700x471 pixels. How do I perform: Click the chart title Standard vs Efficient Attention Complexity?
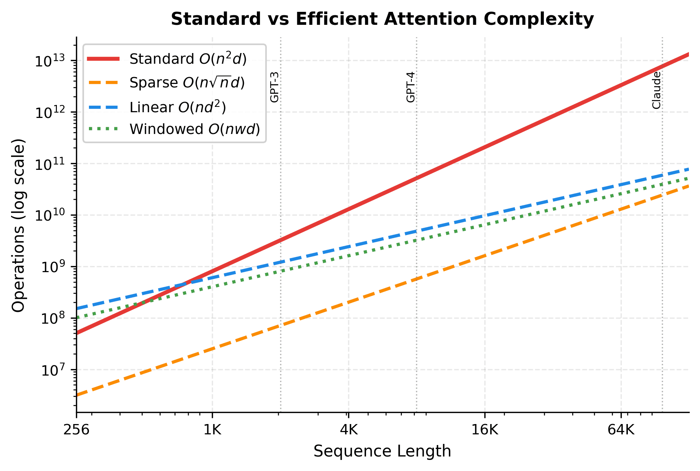pyautogui.click(x=382, y=19)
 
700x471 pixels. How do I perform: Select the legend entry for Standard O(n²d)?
pyautogui.click(x=188, y=59)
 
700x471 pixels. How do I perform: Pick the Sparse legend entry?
pyautogui.click(x=187, y=83)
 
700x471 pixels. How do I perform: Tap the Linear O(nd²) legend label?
pyautogui.click(x=177, y=107)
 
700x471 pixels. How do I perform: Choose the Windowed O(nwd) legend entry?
pyautogui.click(x=195, y=129)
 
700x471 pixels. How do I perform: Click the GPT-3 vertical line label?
pyautogui.click(x=274, y=87)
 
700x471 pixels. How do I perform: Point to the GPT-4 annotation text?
pyautogui.click(x=411, y=87)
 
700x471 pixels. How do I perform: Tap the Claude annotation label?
pyautogui.click(x=656, y=90)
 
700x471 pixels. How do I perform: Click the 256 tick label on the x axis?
pyautogui.click(x=76, y=430)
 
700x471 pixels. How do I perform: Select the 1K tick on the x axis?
pyautogui.click(x=212, y=430)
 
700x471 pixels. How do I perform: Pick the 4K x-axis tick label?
pyautogui.click(x=348, y=430)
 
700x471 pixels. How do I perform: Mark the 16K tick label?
pyautogui.click(x=485, y=430)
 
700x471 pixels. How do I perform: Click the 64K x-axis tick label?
pyautogui.click(x=621, y=430)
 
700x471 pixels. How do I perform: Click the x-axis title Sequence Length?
pyautogui.click(x=382, y=451)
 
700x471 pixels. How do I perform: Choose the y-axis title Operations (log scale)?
pyautogui.click(x=18, y=225)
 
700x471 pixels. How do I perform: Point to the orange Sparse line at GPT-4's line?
pyautogui.click(x=416, y=279)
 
